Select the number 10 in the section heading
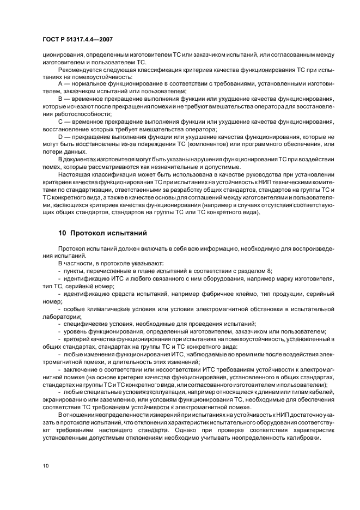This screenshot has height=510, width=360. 62,233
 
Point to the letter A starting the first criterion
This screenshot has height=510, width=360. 60,84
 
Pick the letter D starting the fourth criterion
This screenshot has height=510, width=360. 60,136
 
